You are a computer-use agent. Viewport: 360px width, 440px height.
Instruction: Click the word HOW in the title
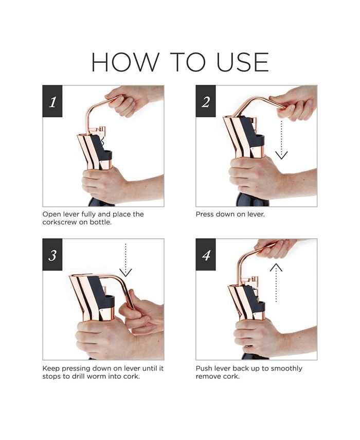point(125,62)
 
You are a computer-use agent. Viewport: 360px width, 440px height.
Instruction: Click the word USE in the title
point(243,62)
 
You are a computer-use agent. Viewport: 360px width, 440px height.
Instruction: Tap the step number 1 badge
point(52,101)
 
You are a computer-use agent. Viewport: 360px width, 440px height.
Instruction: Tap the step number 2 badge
point(206,101)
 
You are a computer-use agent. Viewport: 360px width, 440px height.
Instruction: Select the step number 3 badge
point(52,255)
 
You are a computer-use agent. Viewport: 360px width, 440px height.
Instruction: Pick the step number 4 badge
point(206,255)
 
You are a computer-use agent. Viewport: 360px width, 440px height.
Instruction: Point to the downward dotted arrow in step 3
point(125,260)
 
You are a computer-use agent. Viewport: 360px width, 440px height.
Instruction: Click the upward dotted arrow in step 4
point(276,283)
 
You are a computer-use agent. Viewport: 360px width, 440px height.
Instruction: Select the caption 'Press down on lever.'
point(230,215)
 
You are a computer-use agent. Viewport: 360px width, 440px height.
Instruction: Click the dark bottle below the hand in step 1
point(101,202)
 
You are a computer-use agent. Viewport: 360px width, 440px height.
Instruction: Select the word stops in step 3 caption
point(51,377)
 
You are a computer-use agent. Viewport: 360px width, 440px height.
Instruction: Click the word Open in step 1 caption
point(51,215)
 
